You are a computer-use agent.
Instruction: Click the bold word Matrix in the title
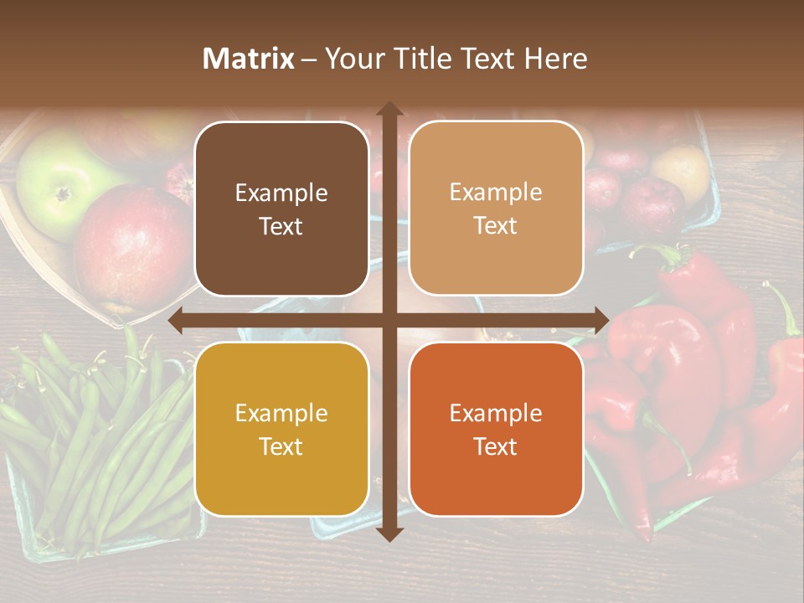click(x=248, y=59)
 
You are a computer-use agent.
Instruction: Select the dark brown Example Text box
click(x=281, y=209)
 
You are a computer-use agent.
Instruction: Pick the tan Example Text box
click(x=496, y=209)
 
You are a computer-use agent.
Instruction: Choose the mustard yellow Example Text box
click(x=281, y=429)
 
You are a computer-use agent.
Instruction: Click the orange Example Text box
click(x=496, y=429)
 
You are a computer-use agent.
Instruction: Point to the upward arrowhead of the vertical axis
click(x=389, y=110)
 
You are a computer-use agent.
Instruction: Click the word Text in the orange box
click(x=496, y=446)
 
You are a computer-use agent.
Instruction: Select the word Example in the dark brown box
click(x=281, y=193)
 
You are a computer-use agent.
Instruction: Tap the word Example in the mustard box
click(x=281, y=413)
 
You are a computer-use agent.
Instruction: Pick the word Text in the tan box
click(x=496, y=226)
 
